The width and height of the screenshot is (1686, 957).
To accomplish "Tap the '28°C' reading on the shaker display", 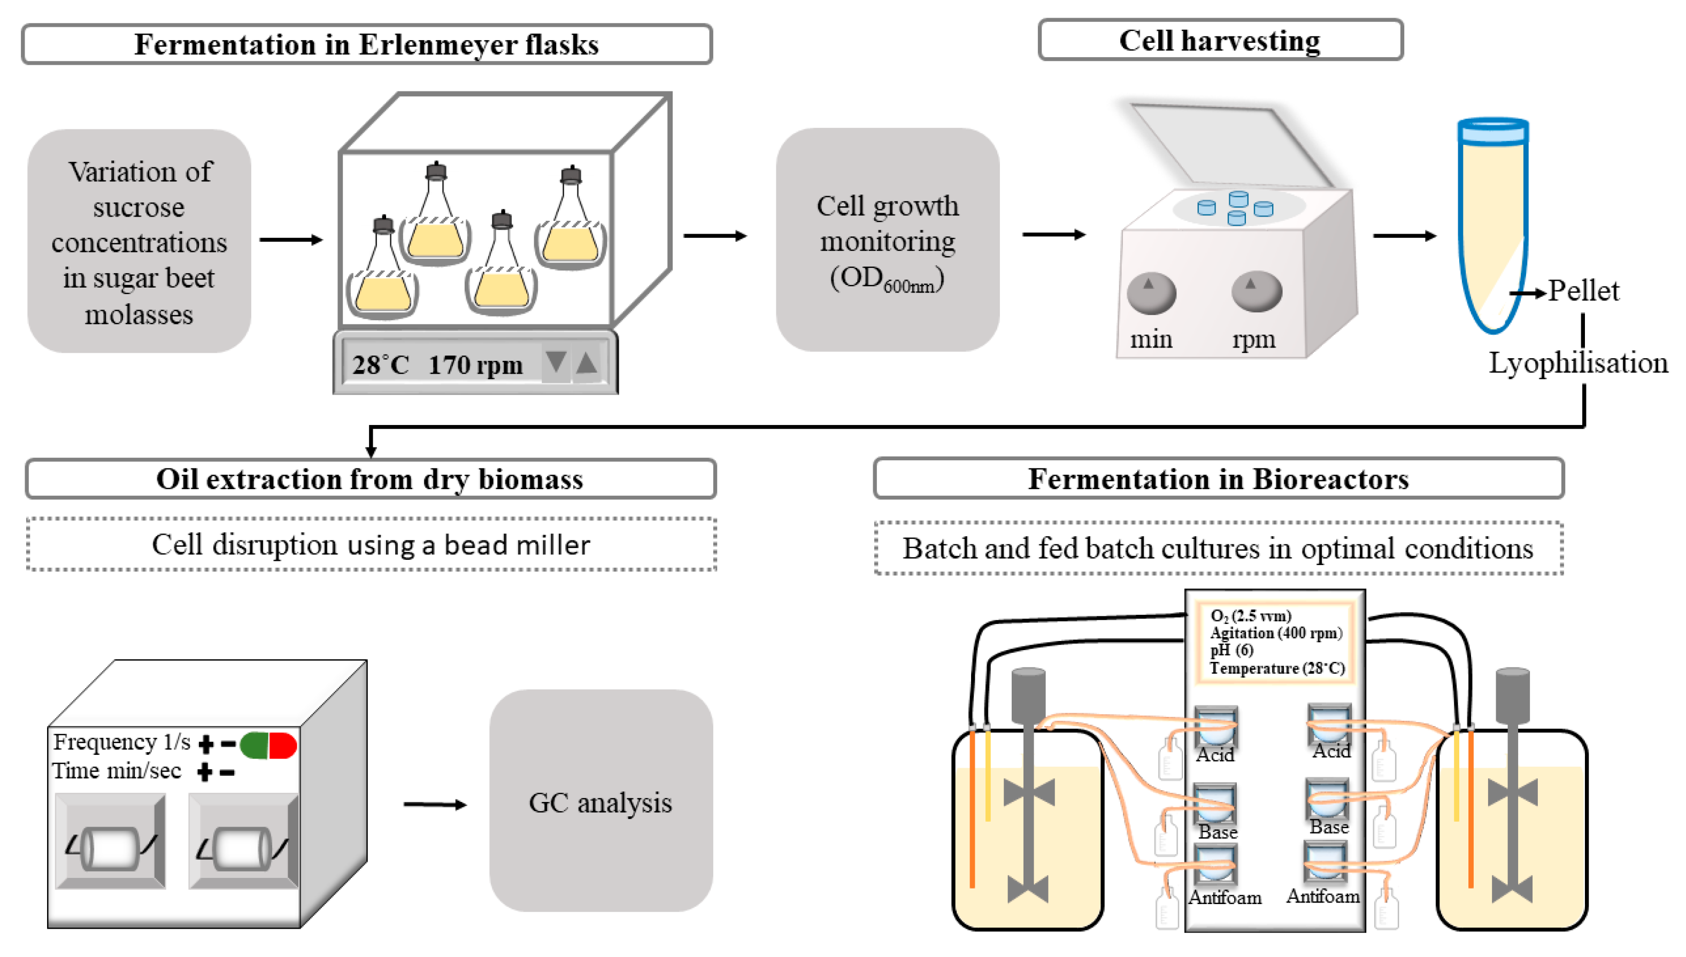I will point(380,365).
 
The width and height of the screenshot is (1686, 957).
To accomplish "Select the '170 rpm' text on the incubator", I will point(475,365).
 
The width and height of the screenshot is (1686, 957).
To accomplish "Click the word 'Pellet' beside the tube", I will point(1582,290).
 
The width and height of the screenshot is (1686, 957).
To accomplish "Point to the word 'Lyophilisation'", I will point(1577,363).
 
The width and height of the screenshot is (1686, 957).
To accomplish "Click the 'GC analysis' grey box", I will point(600,801).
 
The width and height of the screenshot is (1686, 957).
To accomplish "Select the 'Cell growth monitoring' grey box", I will point(887,240).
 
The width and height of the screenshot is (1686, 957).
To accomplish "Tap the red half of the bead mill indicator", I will point(283,745).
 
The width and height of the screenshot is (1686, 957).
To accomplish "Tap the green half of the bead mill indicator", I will point(255,745).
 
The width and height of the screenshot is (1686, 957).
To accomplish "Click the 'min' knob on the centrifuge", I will point(1150,292).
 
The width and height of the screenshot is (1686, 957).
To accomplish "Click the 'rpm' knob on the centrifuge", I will point(1256,291).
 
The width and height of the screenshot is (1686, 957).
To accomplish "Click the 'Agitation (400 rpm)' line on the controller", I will point(1275,633).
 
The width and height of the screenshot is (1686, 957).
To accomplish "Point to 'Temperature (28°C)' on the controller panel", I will point(1276,668).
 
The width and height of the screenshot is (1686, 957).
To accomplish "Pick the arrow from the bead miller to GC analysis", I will point(435,804).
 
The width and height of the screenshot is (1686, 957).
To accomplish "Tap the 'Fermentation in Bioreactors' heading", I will point(1218,478).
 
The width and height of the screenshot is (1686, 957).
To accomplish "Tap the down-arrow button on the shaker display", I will point(556,362).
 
